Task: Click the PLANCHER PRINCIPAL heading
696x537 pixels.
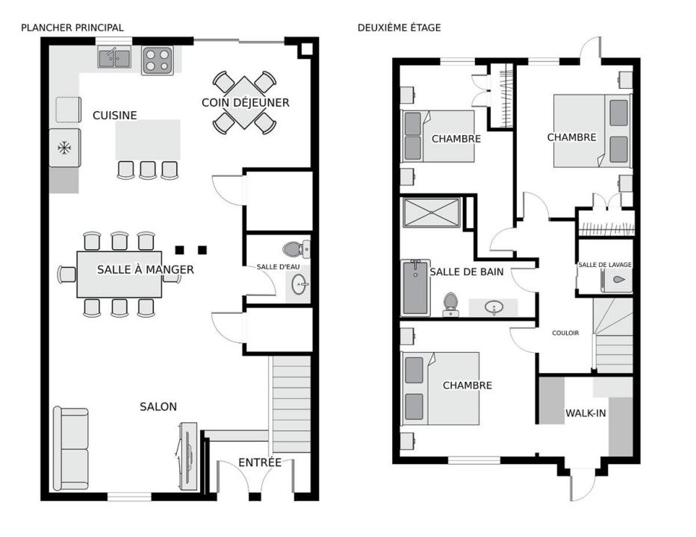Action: coord(72,28)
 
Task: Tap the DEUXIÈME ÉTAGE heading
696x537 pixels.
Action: coord(399,28)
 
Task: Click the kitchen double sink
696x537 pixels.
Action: coord(114,57)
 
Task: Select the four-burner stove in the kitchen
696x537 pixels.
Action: coord(158,60)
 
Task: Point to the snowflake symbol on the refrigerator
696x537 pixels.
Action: coord(64,148)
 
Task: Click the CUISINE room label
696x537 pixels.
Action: coord(114,116)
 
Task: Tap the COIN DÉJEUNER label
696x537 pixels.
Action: coord(246,102)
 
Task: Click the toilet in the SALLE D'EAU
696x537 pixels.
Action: coord(296,249)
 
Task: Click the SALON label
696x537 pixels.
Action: coord(158,406)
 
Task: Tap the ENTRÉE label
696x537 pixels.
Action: coord(260,462)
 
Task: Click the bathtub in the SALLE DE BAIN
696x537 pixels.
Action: coord(415,287)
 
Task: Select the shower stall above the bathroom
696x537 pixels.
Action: coord(432,213)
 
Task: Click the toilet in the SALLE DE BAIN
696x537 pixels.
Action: coord(450,304)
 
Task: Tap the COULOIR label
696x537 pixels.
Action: coord(565,333)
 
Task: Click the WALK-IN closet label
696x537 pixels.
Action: coord(585,413)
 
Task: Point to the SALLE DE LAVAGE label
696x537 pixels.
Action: coord(605,265)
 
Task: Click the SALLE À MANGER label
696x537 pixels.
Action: coord(146,269)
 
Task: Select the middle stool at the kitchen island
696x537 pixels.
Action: coord(148,170)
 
